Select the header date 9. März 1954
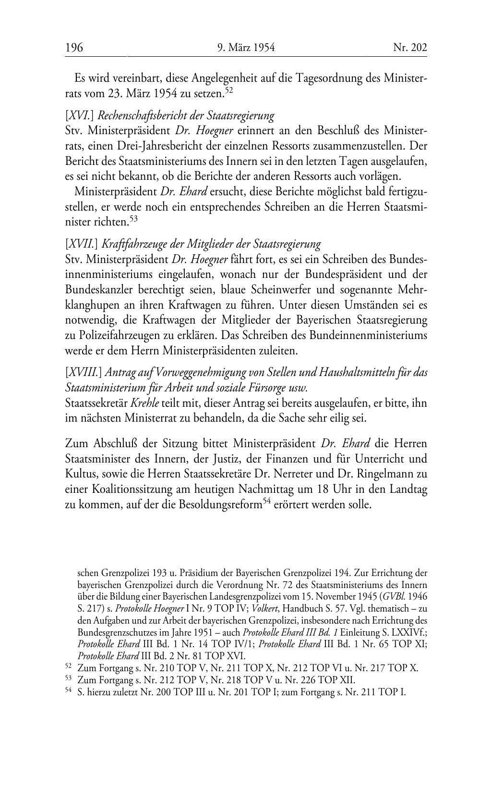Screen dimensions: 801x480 tap(246, 48)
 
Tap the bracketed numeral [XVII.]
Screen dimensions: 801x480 tap(78, 244)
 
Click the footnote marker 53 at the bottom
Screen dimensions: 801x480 tap(68, 679)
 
